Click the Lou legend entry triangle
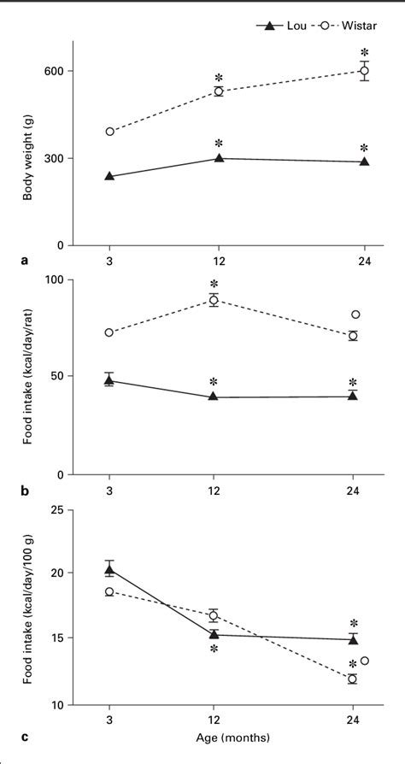(x=270, y=26)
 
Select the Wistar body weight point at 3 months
(x=109, y=132)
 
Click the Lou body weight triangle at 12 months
(x=220, y=158)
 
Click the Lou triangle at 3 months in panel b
(x=109, y=380)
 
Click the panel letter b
(x=26, y=491)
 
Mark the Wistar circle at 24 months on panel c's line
(x=352, y=679)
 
